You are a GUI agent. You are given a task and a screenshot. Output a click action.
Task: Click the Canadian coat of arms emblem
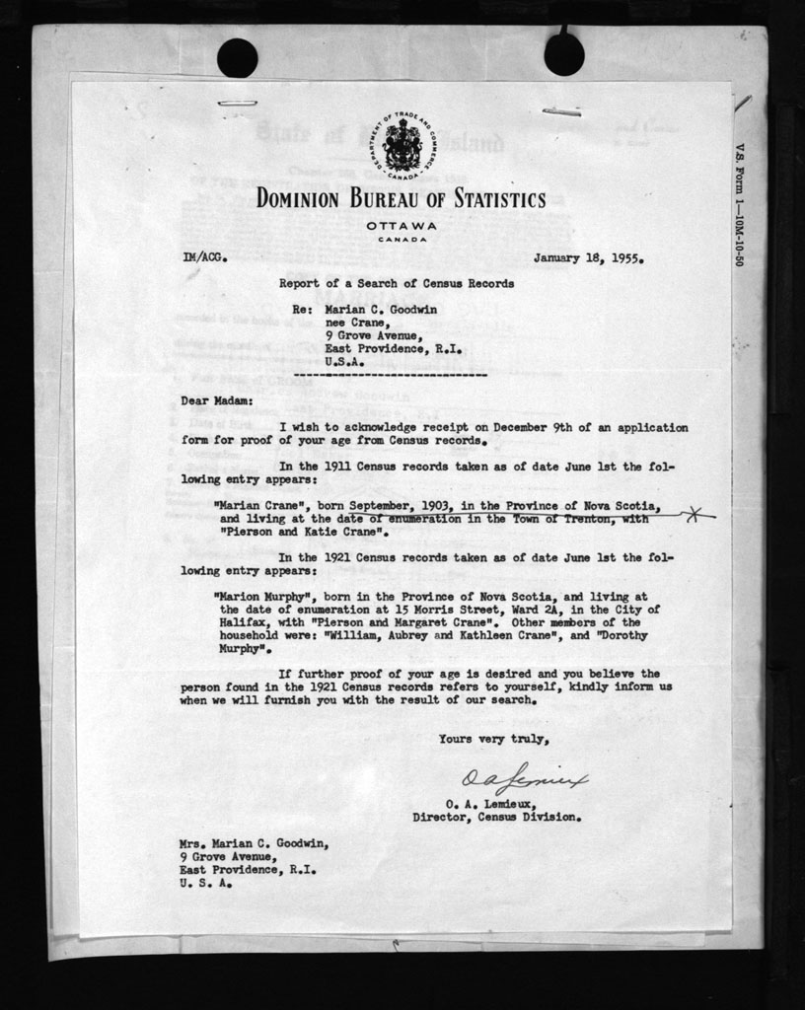[402, 146]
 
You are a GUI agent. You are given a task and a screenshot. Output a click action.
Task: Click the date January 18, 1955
[589, 260]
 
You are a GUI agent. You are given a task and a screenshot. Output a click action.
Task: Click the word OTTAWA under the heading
[402, 226]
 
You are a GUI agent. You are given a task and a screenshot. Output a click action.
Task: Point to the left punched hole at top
[237, 55]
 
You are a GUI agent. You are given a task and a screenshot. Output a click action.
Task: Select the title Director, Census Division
[496, 817]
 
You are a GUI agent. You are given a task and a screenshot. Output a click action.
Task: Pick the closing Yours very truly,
[493, 738]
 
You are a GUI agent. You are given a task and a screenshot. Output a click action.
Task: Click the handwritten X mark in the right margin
[696, 515]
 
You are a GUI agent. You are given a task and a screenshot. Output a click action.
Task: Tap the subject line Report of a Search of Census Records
[396, 283]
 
